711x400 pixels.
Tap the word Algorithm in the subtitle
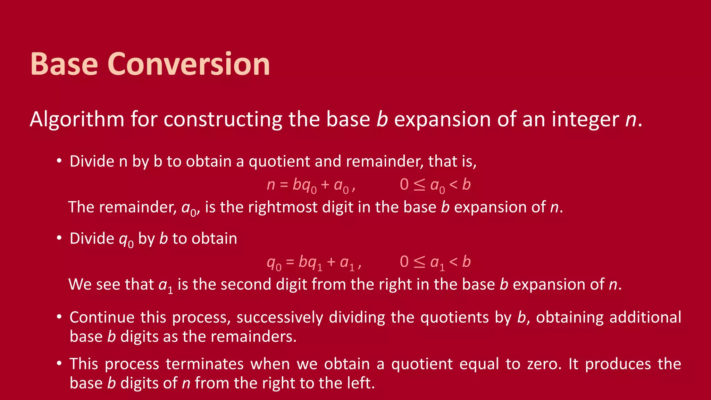pos(77,119)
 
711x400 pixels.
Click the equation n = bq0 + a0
pos(311,185)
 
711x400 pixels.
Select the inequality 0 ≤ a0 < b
pos(435,185)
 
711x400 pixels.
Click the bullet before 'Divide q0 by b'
pos(59,238)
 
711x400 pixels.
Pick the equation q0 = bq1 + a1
pos(314,262)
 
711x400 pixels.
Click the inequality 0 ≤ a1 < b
pos(435,262)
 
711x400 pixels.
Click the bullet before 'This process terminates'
pos(59,363)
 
